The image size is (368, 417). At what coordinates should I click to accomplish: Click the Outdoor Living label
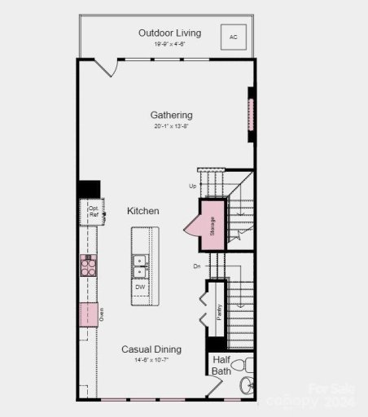tap(169, 33)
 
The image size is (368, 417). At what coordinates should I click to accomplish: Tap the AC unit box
tap(234, 37)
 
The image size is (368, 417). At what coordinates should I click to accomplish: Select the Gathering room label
tap(171, 115)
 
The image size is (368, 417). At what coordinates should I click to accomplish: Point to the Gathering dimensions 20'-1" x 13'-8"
tap(171, 126)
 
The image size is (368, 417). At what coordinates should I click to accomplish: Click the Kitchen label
tap(142, 211)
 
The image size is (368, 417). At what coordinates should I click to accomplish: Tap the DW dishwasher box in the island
tap(140, 288)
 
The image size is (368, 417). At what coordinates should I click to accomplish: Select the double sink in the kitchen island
tap(140, 266)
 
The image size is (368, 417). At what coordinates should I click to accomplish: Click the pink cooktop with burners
tap(88, 265)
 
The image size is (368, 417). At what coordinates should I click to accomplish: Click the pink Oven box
tap(88, 314)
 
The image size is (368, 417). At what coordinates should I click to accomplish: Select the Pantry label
tap(219, 312)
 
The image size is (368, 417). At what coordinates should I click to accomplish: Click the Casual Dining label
tap(151, 349)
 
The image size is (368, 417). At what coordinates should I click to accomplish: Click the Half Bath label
tap(222, 365)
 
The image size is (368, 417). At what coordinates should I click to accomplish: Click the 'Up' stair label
tap(193, 186)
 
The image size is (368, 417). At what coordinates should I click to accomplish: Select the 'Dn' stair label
tap(196, 266)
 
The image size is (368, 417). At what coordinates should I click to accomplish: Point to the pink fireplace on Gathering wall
tap(251, 118)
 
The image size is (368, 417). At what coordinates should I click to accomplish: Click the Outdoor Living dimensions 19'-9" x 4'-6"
tap(169, 44)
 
